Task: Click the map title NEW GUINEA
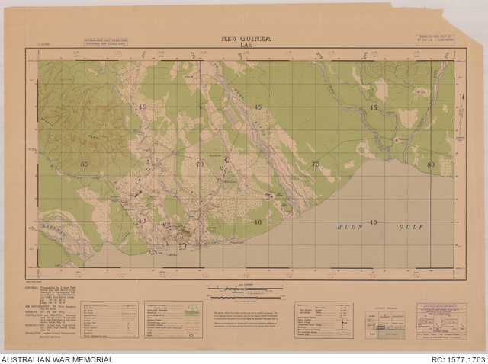(246, 38)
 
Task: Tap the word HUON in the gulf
(350, 227)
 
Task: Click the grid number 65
(84, 164)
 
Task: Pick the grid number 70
(200, 164)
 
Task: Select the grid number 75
(316, 164)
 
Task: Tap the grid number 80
(432, 164)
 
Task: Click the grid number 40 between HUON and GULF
(373, 222)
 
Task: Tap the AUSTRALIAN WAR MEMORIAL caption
(57, 359)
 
